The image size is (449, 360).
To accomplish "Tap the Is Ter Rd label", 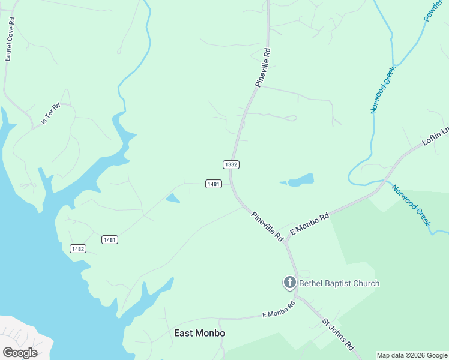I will point(50,113).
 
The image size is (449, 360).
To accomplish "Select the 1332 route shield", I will point(231,164).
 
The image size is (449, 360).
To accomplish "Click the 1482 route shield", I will point(78,248).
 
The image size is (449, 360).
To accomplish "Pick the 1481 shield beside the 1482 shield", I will point(110,239).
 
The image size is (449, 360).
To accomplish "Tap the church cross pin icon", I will point(289,283).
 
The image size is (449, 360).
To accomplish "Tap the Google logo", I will point(20,352).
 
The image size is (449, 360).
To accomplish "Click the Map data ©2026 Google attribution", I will point(412,355).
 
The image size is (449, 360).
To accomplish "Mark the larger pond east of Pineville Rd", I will point(301,179).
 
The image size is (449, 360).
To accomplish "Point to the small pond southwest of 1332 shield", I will point(173,198).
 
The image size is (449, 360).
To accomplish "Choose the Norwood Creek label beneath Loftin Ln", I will point(411,205).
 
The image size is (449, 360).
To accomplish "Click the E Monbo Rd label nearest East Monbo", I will point(279,310).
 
